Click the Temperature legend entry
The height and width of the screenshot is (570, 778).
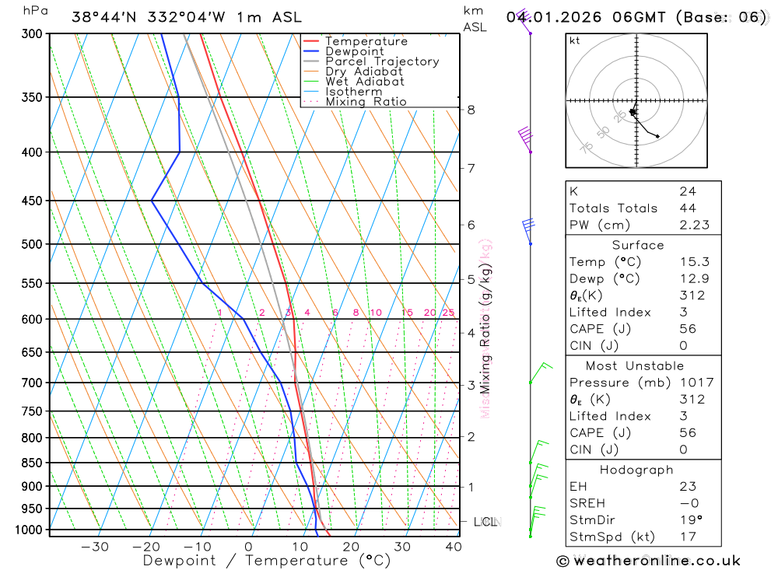366,41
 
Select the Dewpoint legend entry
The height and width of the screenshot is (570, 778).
354,51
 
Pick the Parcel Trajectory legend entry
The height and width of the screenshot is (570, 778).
381,61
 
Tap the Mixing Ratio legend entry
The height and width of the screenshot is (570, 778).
366,102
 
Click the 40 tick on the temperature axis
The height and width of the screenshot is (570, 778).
453,547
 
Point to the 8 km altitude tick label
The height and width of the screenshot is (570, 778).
471,110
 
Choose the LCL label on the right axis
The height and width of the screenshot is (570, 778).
485,522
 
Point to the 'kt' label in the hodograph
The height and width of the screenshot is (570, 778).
575,40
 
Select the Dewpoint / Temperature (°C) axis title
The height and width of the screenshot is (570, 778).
255,561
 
